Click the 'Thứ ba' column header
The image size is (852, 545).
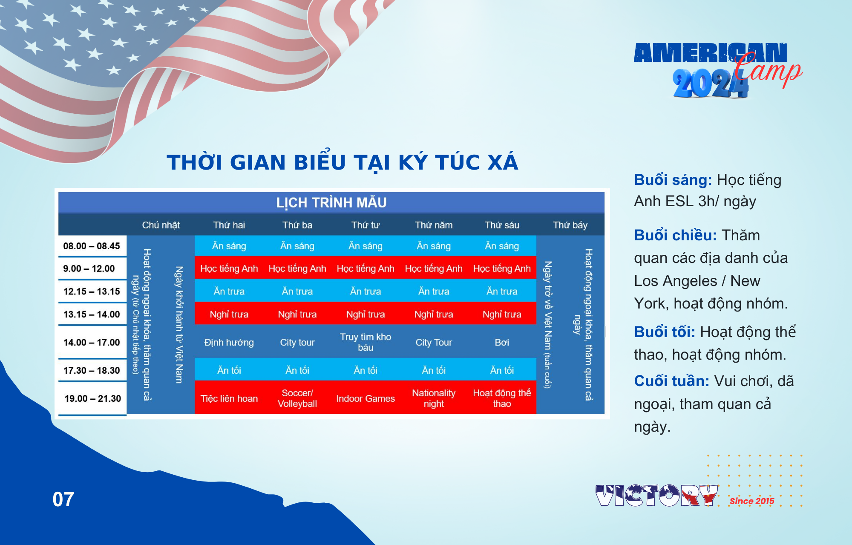pos(297,225)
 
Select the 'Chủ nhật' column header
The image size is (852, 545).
pos(161,225)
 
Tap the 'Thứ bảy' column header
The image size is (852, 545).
pos(570,225)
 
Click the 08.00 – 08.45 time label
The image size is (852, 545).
pos(92,246)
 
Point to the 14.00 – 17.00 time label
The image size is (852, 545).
pos(92,342)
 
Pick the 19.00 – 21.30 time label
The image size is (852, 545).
pos(93,398)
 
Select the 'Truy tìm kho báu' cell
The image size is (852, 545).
pos(366,342)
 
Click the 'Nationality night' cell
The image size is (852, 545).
pos(434,398)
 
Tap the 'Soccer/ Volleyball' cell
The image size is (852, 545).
pos(297,398)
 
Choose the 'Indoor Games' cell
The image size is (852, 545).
pos(366,398)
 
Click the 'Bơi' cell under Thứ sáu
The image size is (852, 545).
pos(502,342)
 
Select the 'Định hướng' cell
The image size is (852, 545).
pos(229,343)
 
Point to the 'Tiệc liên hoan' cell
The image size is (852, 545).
pos(229,398)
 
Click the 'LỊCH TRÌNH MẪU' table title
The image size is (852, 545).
pos(331,202)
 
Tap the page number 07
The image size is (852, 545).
pos(63,499)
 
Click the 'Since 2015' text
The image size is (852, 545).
pos(752,501)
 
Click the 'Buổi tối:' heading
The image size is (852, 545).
pos(665,332)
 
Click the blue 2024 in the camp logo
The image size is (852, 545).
pos(711,83)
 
